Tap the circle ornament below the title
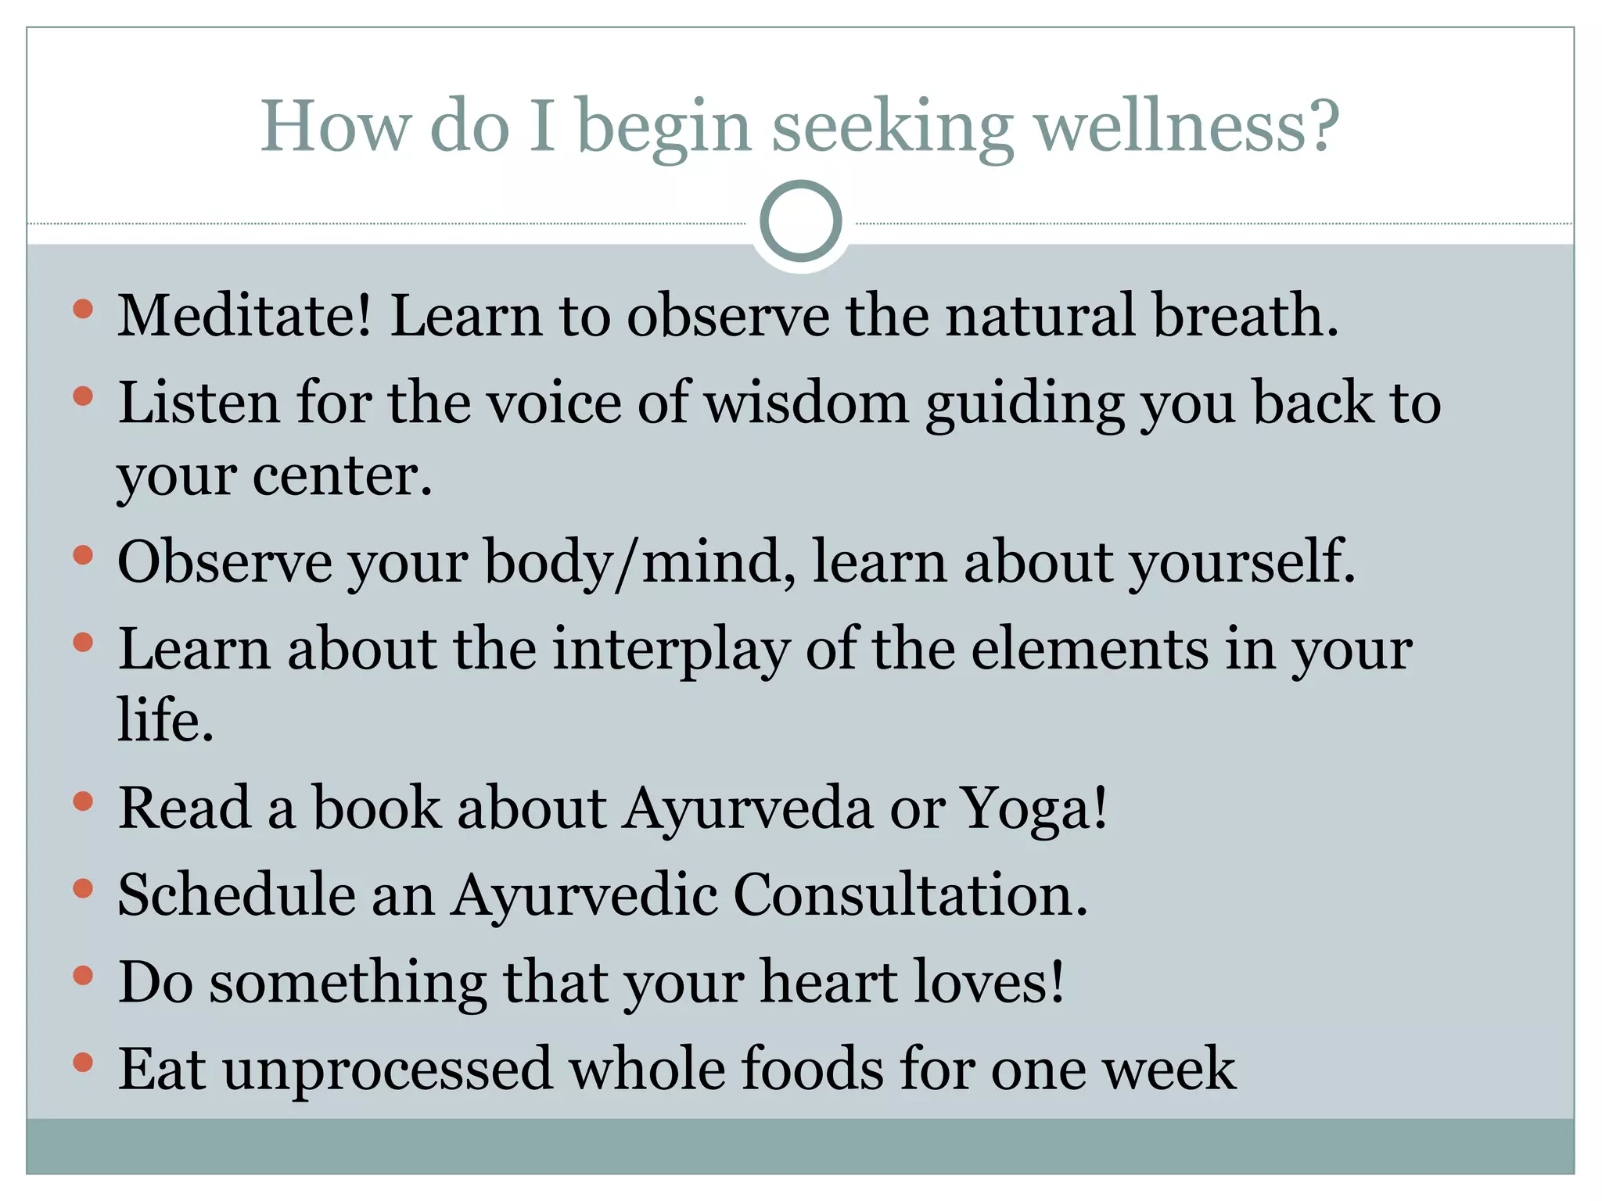click(800, 221)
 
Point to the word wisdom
click(806, 403)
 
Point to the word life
click(164, 719)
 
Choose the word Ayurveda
click(747, 808)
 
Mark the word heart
click(828, 982)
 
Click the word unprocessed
click(387, 1069)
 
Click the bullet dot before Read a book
click(83, 801)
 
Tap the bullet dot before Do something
click(83, 976)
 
